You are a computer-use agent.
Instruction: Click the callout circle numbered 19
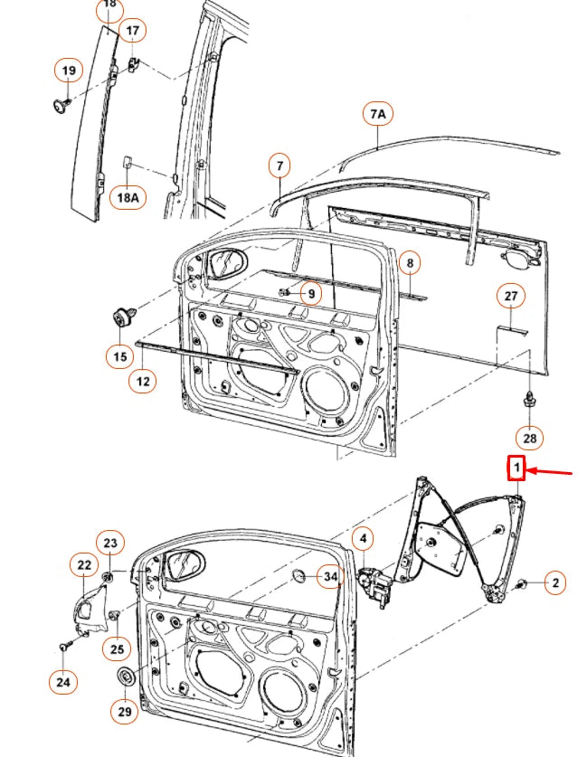click(67, 70)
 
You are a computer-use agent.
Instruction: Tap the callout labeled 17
click(133, 32)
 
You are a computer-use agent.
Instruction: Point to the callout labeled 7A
click(377, 114)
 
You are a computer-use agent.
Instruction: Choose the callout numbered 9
click(309, 293)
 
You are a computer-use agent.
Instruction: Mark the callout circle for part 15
click(120, 356)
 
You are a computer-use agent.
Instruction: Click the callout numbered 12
click(143, 381)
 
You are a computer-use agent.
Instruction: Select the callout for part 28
click(530, 438)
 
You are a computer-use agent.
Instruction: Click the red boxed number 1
click(516, 468)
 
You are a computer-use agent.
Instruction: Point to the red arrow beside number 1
click(551, 471)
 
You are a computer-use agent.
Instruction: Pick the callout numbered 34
click(330, 576)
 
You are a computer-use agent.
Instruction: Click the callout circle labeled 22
click(83, 565)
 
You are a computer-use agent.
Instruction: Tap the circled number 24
click(62, 682)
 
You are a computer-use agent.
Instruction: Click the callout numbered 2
click(555, 583)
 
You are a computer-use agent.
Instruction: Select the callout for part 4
click(363, 541)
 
